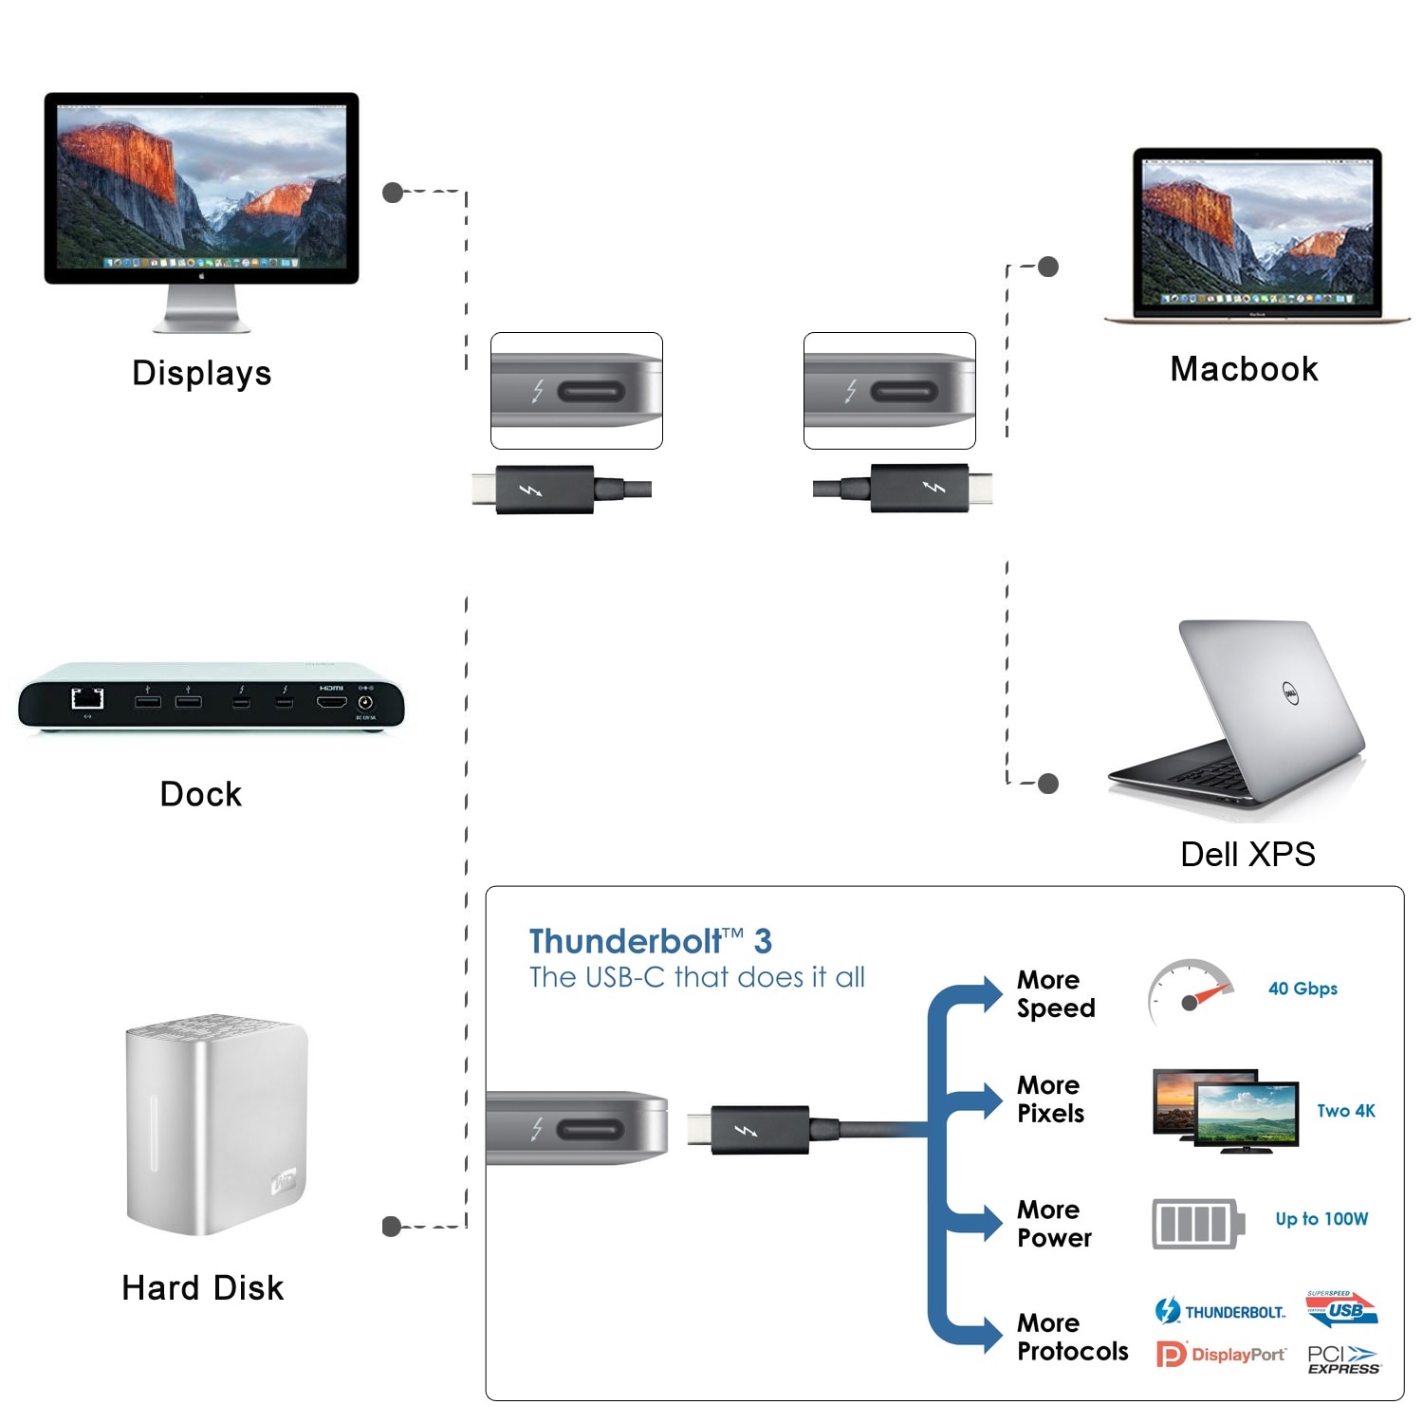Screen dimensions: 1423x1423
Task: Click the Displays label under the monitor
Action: [201, 373]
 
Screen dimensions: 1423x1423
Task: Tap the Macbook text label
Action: [1244, 369]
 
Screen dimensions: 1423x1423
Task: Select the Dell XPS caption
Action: [1247, 854]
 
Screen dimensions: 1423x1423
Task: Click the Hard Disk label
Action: [202, 1287]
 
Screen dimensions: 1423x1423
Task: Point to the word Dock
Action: [200, 794]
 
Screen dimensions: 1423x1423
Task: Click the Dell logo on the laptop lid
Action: [1290, 693]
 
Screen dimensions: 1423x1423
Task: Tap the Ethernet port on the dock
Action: [88, 699]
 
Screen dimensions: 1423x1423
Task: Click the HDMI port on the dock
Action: [331, 703]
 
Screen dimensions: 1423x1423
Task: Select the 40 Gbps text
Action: [1303, 989]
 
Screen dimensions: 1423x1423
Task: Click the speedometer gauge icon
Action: [1190, 993]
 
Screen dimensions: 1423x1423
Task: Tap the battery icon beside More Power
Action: [1197, 1223]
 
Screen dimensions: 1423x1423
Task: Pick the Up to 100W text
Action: [1321, 1219]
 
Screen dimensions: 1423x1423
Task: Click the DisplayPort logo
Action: [1221, 1355]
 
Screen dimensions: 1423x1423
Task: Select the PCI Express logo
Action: [1343, 1359]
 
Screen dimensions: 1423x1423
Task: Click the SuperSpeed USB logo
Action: [1341, 1309]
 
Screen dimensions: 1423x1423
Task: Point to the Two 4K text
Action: [1345, 1111]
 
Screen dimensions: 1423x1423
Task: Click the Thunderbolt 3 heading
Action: [650, 941]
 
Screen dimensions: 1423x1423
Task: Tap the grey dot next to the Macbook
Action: [1048, 267]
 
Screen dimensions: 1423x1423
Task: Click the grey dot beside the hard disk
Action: [391, 1227]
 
